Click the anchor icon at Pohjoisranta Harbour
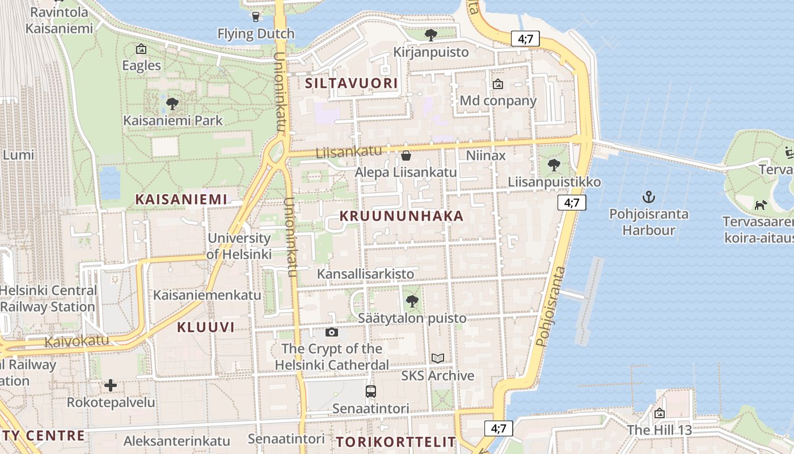click(648, 197)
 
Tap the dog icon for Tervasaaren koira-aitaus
click(761, 204)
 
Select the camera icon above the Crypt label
click(332, 332)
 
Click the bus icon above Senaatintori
click(370, 391)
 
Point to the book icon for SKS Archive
click(438, 358)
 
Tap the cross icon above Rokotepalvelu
click(111, 386)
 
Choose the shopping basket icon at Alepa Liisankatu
click(406, 155)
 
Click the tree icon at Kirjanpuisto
click(431, 35)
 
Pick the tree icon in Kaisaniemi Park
click(172, 104)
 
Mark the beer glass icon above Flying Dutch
click(256, 16)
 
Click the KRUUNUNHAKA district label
click(402, 216)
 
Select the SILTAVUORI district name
click(351, 83)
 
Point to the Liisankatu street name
click(348, 152)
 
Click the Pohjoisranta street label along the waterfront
click(551, 306)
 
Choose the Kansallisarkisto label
click(365, 274)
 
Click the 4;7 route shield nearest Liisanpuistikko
click(571, 203)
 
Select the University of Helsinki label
click(239, 246)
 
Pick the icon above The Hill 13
click(659, 413)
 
